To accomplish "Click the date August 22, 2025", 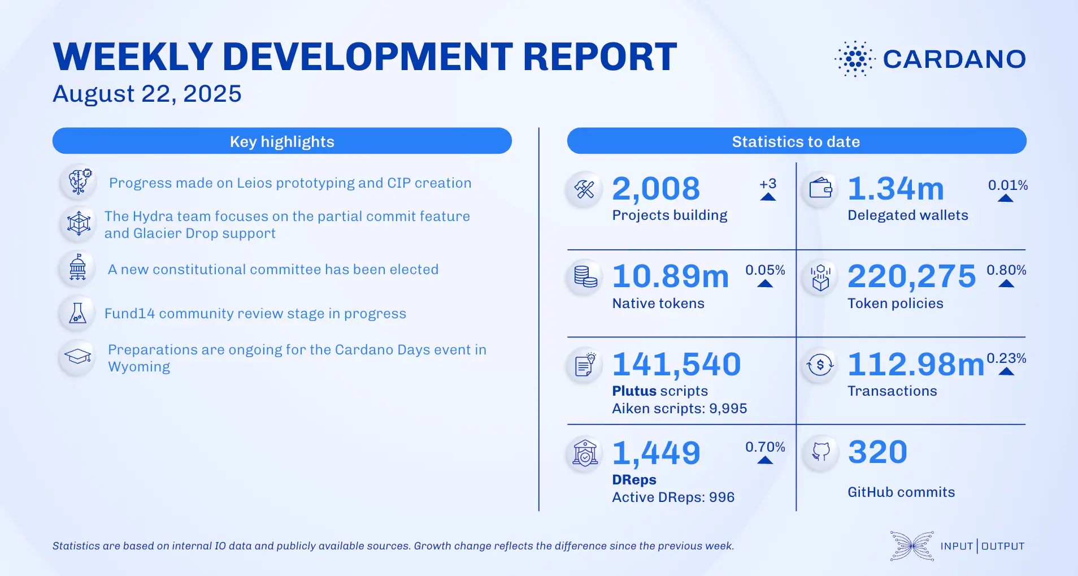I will click(147, 94).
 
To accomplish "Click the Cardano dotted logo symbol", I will click(855, 59).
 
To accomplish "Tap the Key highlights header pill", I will click(282, 141).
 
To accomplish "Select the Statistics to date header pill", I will click(796, 141).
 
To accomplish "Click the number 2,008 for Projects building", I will click(656, 189).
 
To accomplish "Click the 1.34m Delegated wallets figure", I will click(896, 189).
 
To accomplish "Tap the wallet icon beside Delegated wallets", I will click(820, 188).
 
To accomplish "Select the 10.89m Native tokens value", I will click(671, 276).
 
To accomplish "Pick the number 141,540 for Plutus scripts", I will click(676, 364).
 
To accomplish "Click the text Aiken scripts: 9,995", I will click(679, 409).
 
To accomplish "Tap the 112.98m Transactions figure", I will click(916, 364).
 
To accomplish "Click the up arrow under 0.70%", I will click(765, 460).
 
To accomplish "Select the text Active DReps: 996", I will click(673, 497).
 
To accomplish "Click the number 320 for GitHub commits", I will click(877, 452).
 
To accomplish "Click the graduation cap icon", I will click(78, 357).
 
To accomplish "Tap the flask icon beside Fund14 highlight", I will click(78, 313).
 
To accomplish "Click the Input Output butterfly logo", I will click(911, 546).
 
